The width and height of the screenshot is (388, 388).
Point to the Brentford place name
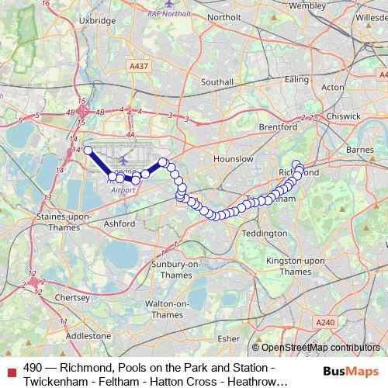coord(279,126)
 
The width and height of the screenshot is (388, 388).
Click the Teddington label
coord(265,233)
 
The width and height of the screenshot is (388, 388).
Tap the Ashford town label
coord(119,223)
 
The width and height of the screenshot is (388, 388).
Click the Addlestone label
coord(88,336)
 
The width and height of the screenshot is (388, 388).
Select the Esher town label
coord(229,338)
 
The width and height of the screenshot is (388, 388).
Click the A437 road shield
coord(139,67)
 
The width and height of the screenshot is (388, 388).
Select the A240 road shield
coord(324,321)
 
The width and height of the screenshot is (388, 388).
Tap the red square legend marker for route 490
coord(10,367)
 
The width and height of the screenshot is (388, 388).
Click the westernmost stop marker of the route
coord(88,151)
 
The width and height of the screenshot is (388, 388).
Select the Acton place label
coord(332,88)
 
